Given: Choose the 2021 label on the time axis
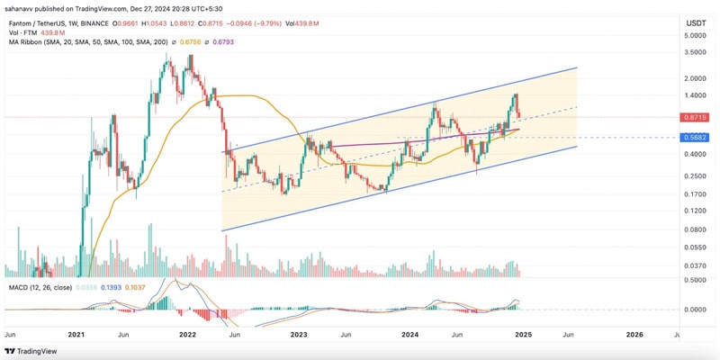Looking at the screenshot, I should click(x=76, y=334).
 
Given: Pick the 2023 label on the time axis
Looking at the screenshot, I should click(x=299, y=334).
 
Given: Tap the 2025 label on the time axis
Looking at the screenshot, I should click(x=523, y=334).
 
